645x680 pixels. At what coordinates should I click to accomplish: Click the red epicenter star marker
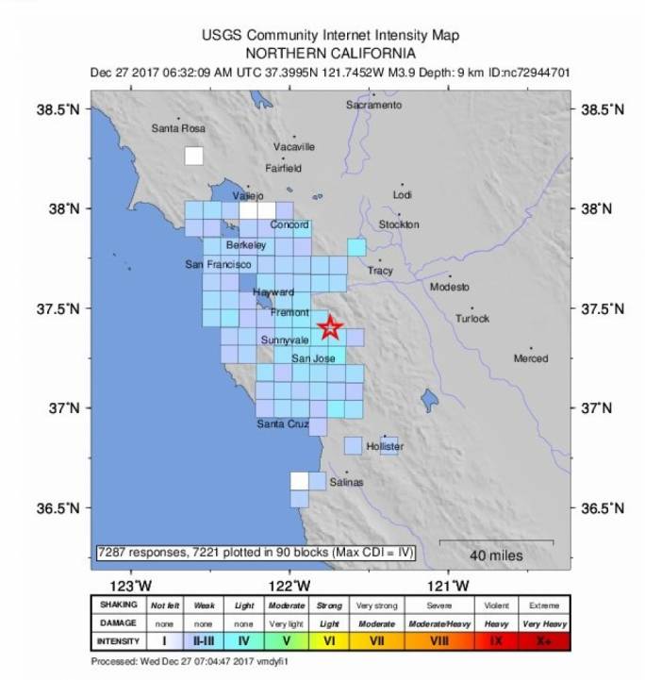tap(329, 327)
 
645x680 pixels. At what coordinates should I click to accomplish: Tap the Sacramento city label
tap(373, 106)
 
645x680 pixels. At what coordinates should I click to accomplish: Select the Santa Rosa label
tap(178, 128)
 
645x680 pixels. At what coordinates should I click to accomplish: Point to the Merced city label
tap(530, 358)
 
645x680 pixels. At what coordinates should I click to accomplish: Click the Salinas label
tap(346, 482)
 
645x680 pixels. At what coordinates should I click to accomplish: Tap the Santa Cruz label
tap(283, 424)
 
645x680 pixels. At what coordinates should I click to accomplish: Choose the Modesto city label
tap(449, 287)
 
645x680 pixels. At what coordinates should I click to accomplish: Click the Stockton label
tap(398, 224)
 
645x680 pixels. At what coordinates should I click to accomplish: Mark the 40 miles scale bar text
tap(496, 556)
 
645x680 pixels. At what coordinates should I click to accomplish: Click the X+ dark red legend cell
tap(544, 641)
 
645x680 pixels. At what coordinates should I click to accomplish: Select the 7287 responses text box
tap(256, 552)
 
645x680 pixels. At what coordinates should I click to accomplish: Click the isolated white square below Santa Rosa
tap(193, 157)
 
